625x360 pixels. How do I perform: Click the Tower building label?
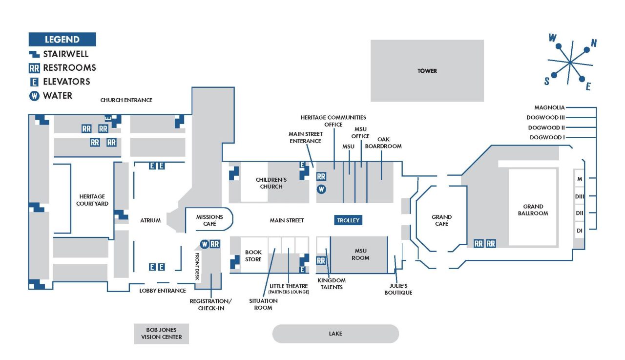coord(427,71)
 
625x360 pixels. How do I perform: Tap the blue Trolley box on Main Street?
coord(348,220)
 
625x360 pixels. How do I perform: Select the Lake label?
coord(335,334)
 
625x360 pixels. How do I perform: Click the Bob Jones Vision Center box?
coord(161,334)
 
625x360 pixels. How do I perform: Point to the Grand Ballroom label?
coord(533,210)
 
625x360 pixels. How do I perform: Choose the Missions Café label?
coord(209,220)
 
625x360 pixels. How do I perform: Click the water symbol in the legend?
coord(34,96)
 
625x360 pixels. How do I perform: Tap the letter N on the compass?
coord(594,43)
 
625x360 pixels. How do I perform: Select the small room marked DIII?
coord(580,196)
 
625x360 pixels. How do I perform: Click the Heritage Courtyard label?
coord(92,200)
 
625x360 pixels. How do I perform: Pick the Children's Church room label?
coord(271,183)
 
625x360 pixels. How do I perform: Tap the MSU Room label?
coord(360,254)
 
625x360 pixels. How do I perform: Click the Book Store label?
coord(253,256)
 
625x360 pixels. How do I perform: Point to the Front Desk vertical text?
coord(197,265)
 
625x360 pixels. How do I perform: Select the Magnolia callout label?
coord(549,107)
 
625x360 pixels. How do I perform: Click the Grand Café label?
coord(441,220)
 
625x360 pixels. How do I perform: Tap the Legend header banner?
coord(62,40)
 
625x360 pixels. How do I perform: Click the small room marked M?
coord(580,179)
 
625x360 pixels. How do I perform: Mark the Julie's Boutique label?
coord(398,289)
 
